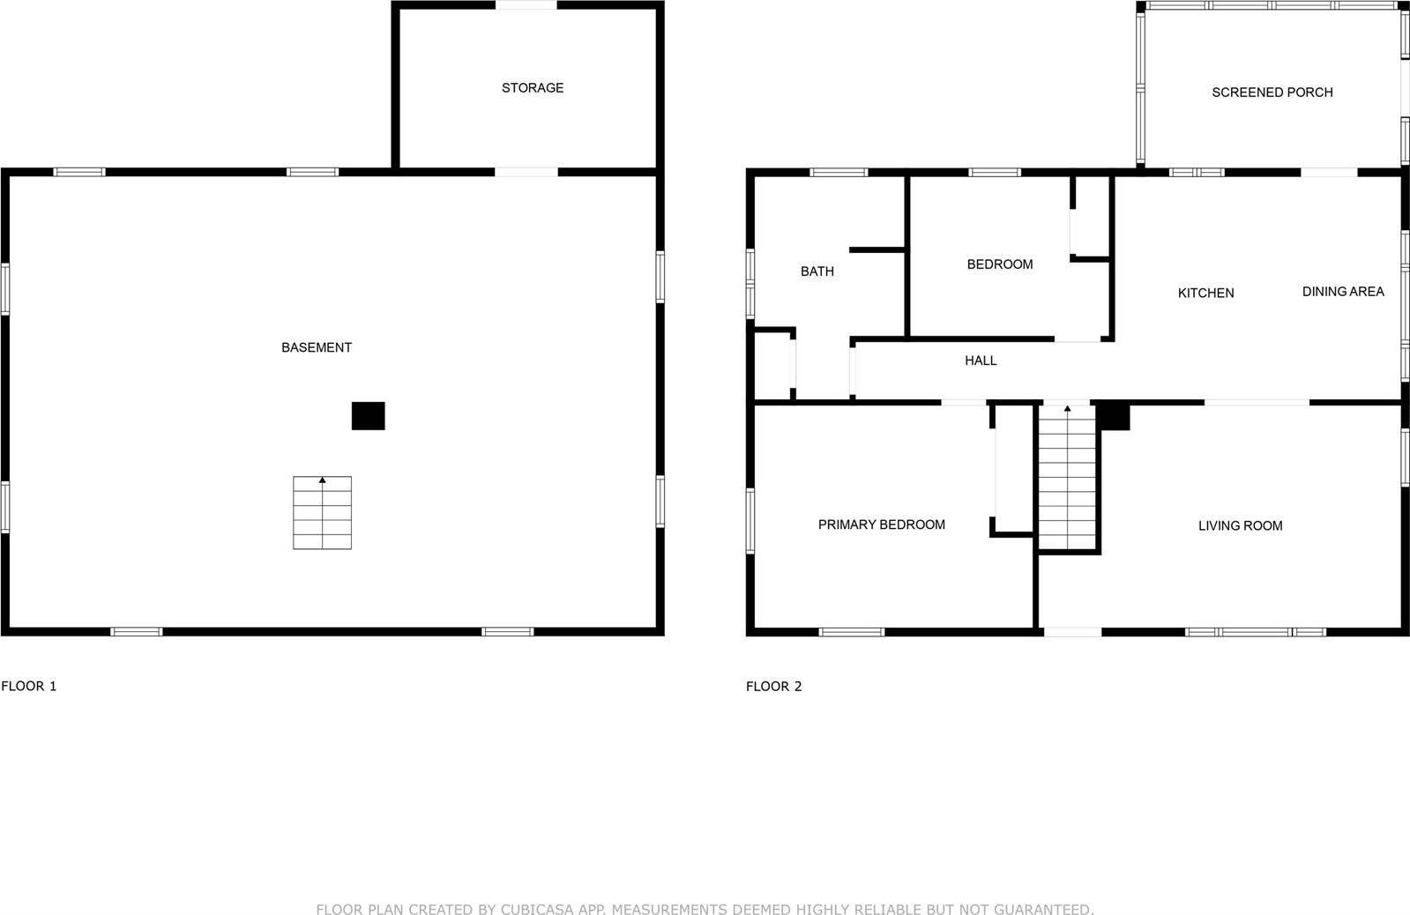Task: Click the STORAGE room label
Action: coord(533,88)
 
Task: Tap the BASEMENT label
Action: coord(317,347)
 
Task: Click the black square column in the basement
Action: coord(368,416)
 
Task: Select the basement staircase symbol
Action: coord(322,513)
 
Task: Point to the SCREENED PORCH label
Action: coord(1272,93)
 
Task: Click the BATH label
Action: coord(817,272)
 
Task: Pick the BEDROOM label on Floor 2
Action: coord(999,264)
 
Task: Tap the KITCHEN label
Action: coord(1205,294)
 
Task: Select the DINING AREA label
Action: coord(1342,292)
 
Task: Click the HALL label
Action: coord(981,361)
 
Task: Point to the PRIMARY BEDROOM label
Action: coord(881,524)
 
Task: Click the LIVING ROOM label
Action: coord(1240,526)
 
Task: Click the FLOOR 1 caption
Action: coord(29,686)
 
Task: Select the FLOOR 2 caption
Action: coord(773,686)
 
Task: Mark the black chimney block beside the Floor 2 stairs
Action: coord(1114,416)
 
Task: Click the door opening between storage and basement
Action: coord(526,172)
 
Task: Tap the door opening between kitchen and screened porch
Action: coord(1329,172)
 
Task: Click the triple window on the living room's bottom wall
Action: coord(1255,632)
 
